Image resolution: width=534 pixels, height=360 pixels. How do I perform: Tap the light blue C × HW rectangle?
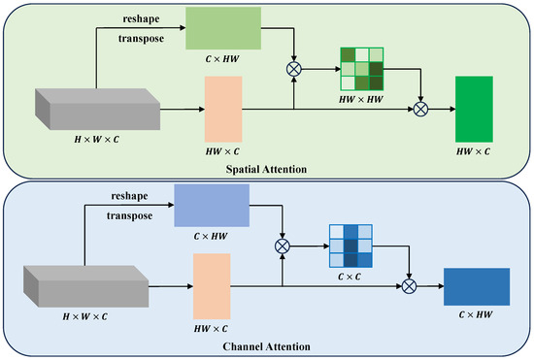(213, 205)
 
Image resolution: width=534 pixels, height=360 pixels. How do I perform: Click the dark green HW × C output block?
(475, 111)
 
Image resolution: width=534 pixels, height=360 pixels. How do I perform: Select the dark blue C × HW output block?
(476, 287)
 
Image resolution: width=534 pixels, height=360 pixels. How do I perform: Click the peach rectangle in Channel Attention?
(213, 287)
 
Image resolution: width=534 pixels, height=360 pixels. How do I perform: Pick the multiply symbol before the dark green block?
(420, 111)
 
